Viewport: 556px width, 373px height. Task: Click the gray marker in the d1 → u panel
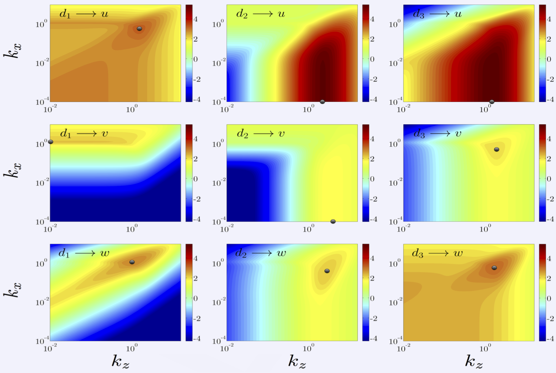click(139, 28)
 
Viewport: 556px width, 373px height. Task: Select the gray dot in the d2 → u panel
click(322, 102)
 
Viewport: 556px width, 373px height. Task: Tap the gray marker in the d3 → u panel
click(492, 102)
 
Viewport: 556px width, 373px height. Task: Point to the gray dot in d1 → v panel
click(51, 142)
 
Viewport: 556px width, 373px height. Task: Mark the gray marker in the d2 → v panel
click(333, 221)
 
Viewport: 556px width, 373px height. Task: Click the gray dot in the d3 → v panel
click(497, 149)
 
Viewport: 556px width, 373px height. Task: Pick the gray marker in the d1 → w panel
click(132, 262)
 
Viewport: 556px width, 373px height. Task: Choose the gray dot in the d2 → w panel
click(327, 271)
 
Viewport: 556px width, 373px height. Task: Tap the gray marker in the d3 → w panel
click(494, 268)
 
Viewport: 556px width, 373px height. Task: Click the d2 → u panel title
click(260, 14)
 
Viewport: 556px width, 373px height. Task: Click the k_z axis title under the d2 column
click(297, 362)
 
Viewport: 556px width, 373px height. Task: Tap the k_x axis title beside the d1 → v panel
click(13, 170)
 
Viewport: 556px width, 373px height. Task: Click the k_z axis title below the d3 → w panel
click(474, 362)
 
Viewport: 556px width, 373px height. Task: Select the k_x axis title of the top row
click(13, 50)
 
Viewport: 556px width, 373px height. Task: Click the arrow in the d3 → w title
click(438, 253)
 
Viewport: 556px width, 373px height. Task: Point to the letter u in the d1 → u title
click(105, 14)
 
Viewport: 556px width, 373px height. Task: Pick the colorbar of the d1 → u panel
click(189, 53)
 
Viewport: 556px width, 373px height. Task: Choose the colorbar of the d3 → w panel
click(542, 293)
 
